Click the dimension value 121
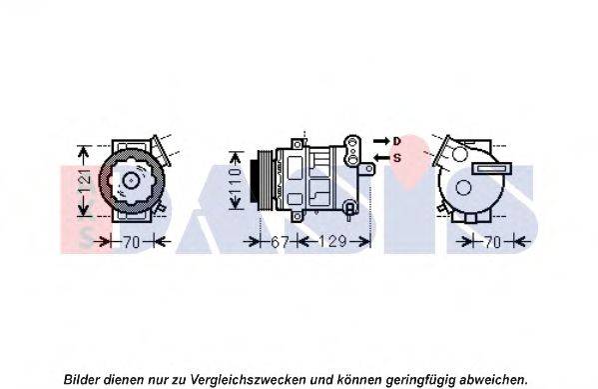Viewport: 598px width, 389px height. click(86, 180)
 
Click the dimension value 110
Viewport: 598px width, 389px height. click(236, 181)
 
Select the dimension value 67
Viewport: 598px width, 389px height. click(280, 242)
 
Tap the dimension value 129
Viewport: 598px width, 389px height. click(331, 242)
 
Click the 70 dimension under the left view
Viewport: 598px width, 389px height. click(131, 242)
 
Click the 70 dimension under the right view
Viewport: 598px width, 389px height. click(491, 242)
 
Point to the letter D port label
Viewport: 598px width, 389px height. click(397, 141)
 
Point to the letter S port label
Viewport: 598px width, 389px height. click(397, 157)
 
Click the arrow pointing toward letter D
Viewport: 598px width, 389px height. click(381, 141)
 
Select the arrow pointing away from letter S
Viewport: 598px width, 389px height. click(381, 157)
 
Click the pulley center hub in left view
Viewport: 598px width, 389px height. click(131, 180)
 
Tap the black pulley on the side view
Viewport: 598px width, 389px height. click(254, 181)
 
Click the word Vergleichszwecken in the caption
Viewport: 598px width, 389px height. click(248, 380)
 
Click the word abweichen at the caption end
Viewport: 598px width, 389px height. click(493, 380)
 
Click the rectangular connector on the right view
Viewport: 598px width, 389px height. click(491, 168)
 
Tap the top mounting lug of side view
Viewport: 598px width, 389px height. click(298, 144)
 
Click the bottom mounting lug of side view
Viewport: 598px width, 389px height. click(298, 217)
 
